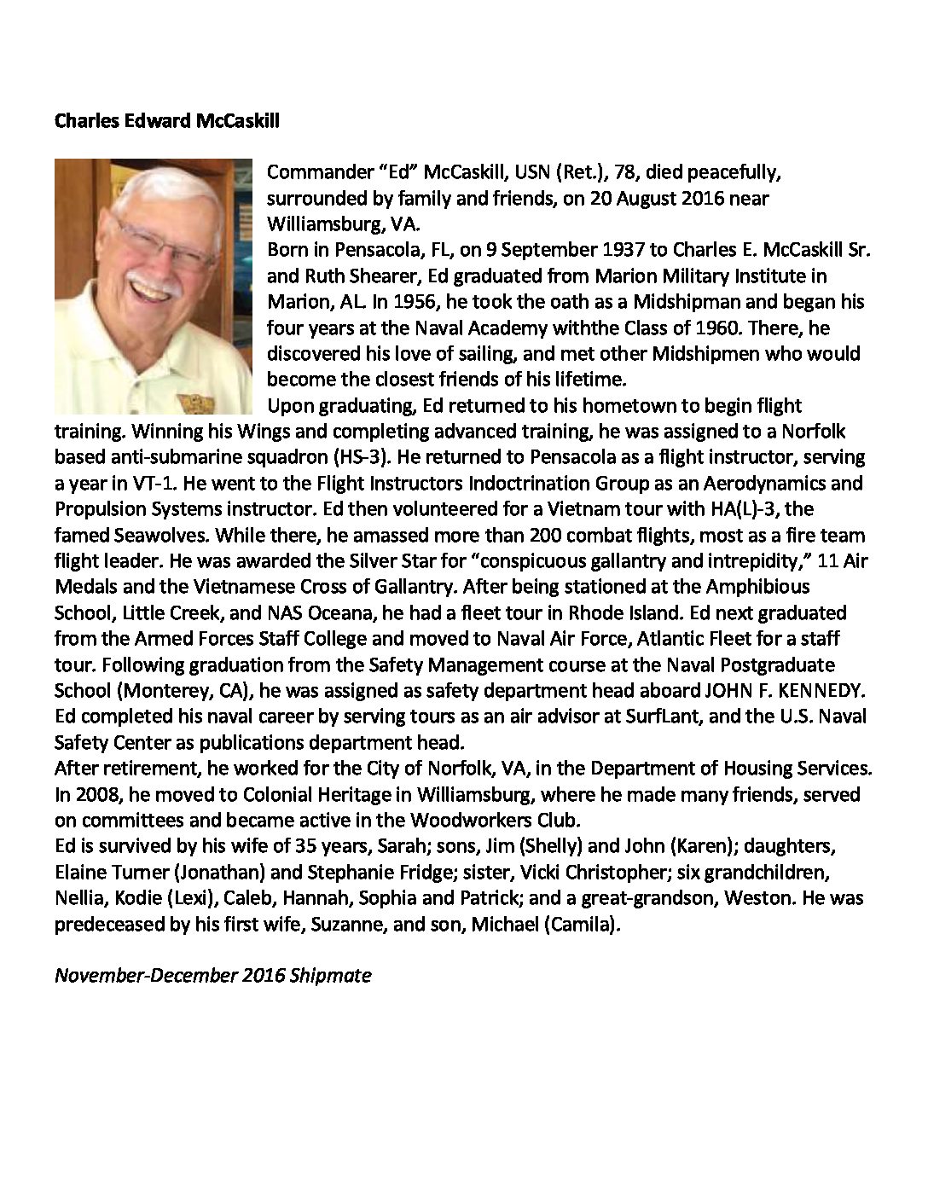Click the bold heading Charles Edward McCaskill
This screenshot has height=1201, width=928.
tap(166, 121)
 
